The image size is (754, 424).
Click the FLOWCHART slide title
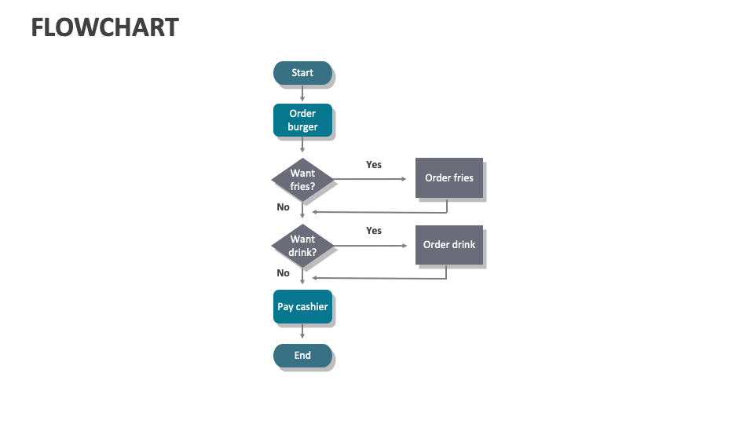(x=104, y=27)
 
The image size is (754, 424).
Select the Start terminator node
(x=302, y=73)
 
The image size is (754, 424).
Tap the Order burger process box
(x=302, y=120)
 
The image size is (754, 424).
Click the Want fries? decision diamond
(x=302, y=179)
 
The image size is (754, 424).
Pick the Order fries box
(x=448, y=178)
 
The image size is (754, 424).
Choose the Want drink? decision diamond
(x=302, y=246)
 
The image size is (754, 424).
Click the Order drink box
(x=448, y=245)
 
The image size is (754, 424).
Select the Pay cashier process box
(x=302, y=307)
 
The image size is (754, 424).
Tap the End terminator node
(x=302, y=356)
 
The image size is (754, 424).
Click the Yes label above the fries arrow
(x=374, y=164)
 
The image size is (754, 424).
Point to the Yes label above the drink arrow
(x=374, y=230)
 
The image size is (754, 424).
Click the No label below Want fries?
(x=283, y=207)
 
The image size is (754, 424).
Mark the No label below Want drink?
(x=283, y=273)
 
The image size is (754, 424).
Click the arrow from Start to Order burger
(x=302, y=93)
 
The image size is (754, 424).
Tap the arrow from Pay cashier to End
(x=302, y=333)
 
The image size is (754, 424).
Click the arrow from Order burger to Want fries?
(x=302, y=144)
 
